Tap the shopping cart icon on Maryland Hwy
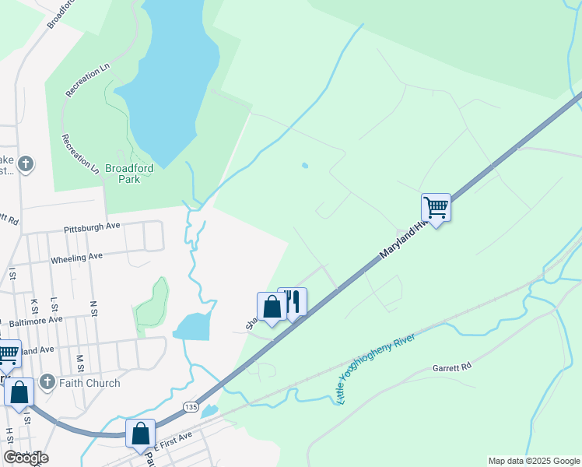(x=436, y=208)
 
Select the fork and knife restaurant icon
(x=293, y=301)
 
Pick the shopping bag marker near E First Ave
(x=141, y=434)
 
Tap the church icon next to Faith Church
(x=47, y=382)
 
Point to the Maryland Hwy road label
(x=405, y=239)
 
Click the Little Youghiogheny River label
(x=377, y=368)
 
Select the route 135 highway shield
(x=191, y=407)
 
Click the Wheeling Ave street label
(x=76, y=258)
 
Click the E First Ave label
(x=172, y=438)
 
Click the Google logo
(x=26, y=458)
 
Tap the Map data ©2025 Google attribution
(x=534, y=461)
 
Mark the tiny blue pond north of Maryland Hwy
(x=304, y=165)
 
